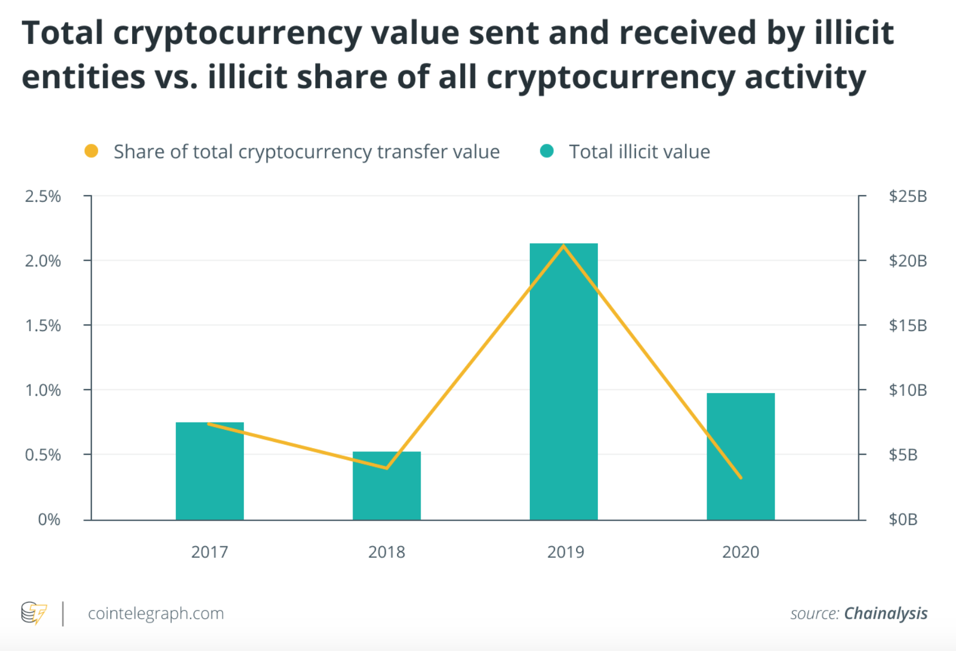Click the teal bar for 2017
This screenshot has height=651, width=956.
pos(210,471)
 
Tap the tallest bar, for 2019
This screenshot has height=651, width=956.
pos(563,381)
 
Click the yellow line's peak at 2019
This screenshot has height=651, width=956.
pos(563,246)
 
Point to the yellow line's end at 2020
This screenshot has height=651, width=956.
pos(740,477)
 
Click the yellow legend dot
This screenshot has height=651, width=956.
pos(91,151)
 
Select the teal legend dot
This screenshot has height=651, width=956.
pos(547,151)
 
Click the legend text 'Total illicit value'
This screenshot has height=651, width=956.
pos(639,152)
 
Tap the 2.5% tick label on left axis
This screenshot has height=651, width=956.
pos(43,196)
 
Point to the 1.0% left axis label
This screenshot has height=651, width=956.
pos(43,390)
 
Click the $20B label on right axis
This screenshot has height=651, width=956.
pos(907,261)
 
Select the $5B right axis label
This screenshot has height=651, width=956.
pos(903,455)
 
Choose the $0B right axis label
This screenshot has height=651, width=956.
pos(903,519)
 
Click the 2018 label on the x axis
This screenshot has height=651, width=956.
pos(387,552)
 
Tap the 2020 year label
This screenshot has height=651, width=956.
pos(740,552)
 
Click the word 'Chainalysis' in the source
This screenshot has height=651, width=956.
pos(885,613)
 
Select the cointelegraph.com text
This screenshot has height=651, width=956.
pos(156,613)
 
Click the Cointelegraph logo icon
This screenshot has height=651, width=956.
pos(34,613)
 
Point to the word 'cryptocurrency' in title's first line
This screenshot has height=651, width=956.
pos(238,32)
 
